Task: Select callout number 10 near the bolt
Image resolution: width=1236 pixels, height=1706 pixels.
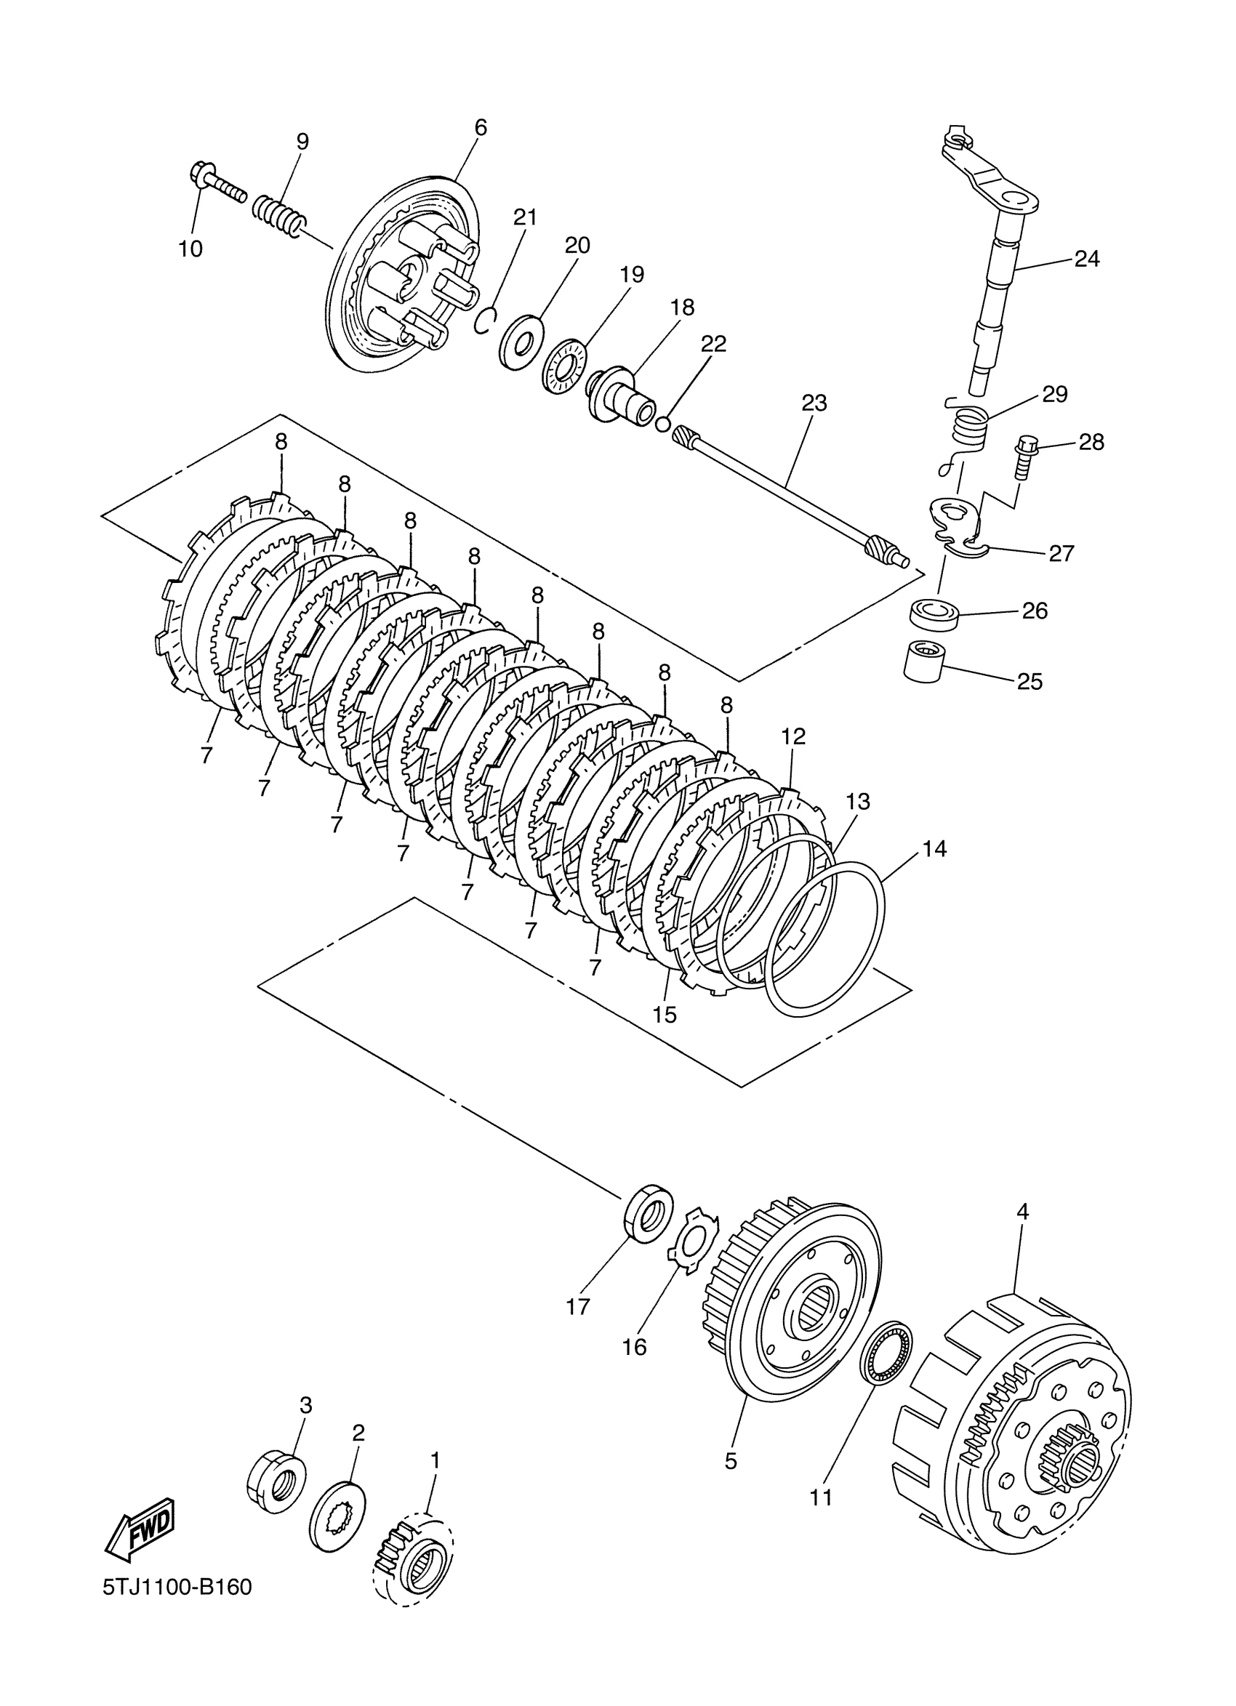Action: [x=190, y=249]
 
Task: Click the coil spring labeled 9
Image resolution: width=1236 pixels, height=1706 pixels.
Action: [x=279, y=214]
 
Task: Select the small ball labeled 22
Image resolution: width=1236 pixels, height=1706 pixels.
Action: [x=662, y=425]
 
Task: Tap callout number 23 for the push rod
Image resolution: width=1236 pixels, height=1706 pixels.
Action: [x=814, y=403]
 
